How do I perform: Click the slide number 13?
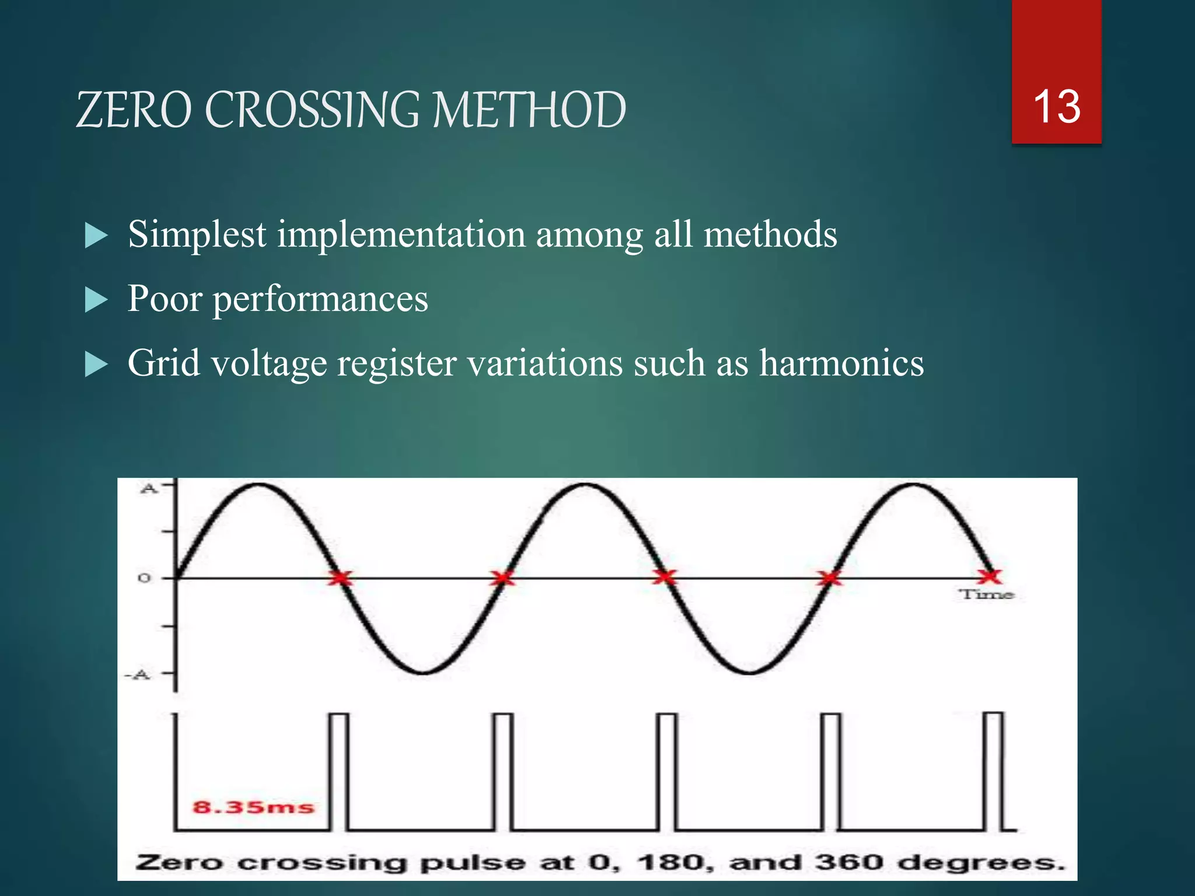[x=1056, y=107]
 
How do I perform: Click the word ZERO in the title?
[x=134, y=110]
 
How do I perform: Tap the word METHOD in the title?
[x=529, y=110]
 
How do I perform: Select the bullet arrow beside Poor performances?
[x=96, y=300]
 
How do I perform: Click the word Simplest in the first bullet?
[x=197, y=235]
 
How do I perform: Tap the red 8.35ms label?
[x=253, y=807]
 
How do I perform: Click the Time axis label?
[x=986, y=594]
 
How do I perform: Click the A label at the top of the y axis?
[x=149, y=489]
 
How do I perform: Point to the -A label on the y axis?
[x=138, y=675]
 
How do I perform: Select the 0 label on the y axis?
[x=144, y=578]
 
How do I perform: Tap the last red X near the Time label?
[x=989, y=577]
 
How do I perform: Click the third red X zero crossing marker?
[x=664, y=577]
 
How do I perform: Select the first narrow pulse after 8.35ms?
[x=339, y=770]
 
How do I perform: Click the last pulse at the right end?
[x=994, y=770]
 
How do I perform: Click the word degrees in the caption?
[x=980, y=863]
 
